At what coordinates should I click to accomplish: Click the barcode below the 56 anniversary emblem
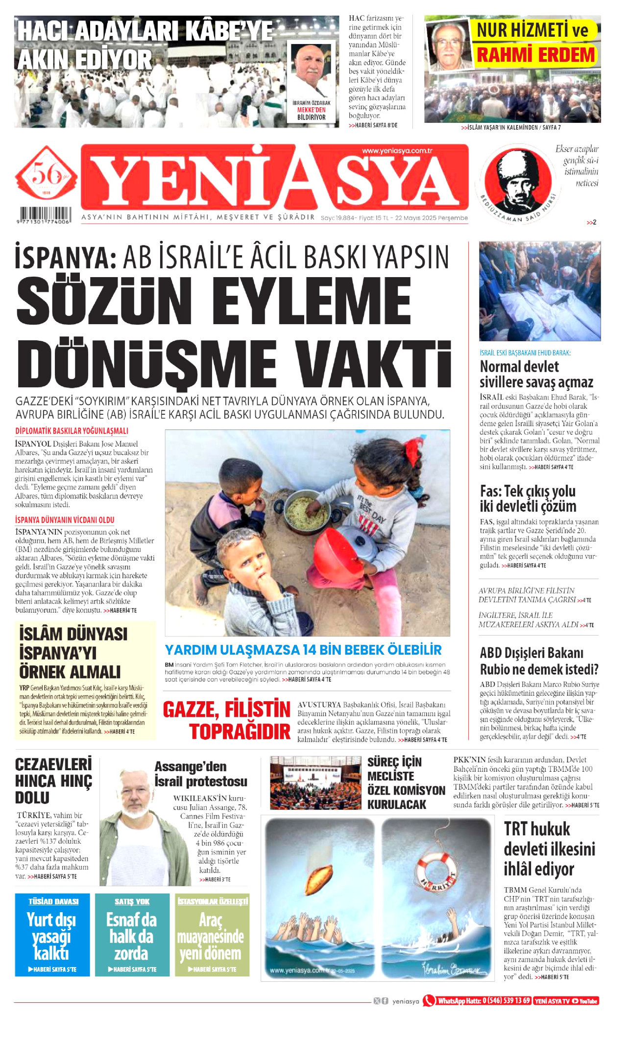tap(45, 215)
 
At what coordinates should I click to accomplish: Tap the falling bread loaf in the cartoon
tap(319, 879)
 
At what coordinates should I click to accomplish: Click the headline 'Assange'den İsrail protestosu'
tap(201, 774)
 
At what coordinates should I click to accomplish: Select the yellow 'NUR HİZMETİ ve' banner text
tap(532, 30)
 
